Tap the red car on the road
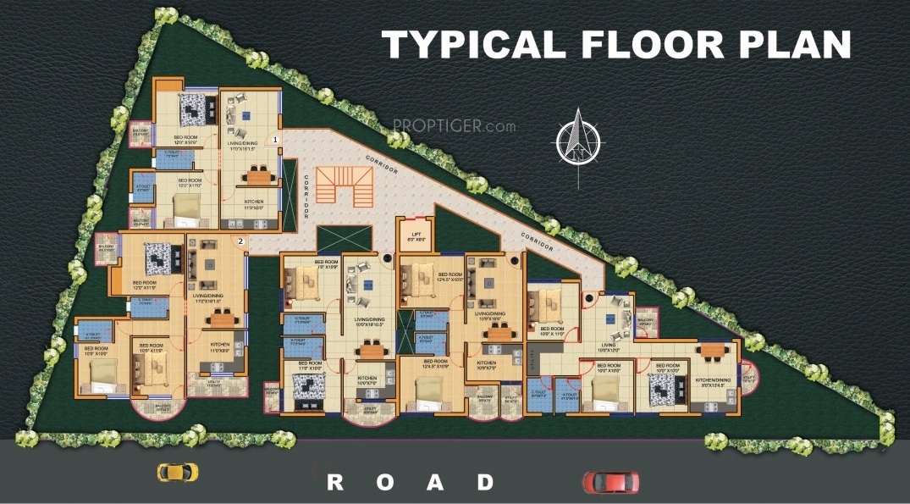coord(610,481)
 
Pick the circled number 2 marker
coord(241,241)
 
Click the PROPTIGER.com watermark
coord(454,125)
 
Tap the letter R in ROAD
coord(335,482)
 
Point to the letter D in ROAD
coord(485,482)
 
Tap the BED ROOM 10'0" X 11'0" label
coord(552,331)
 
